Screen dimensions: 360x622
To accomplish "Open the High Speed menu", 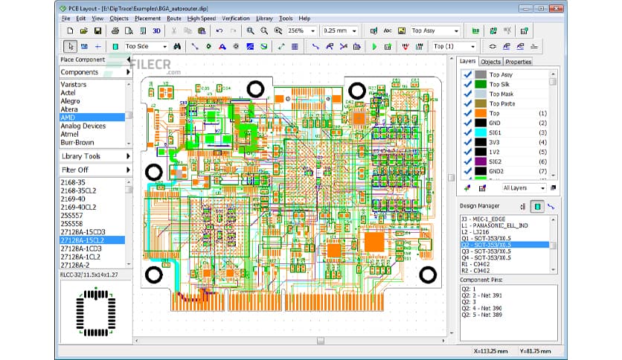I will tap(202, 18).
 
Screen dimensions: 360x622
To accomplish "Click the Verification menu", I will tap(235, 18).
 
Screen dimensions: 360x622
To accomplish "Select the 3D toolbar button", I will tap(157, 31).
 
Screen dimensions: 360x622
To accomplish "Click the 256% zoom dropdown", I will tap(299, 31).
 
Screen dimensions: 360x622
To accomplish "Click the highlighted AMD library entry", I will tap(68, 117).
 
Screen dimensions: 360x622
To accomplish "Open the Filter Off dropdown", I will tap(94, 170).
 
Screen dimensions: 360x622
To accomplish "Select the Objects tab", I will tap(490, 62).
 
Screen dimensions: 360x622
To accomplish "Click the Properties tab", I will tap(518, 62).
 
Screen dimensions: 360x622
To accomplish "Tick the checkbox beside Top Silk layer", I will tap(467, 85).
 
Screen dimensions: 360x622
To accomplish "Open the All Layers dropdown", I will tap(524, 188).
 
